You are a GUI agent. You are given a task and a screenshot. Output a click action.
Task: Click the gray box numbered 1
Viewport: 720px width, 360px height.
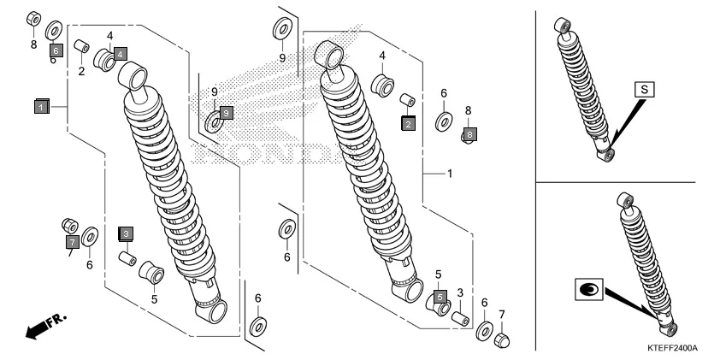(x=41, y=107)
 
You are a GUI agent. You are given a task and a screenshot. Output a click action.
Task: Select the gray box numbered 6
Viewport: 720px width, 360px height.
(x=56, y=50)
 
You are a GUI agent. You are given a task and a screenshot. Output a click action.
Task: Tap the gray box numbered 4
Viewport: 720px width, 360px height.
(x=121, y=53)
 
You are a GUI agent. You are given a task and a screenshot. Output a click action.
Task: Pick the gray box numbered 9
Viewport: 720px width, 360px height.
(x=226, y=112)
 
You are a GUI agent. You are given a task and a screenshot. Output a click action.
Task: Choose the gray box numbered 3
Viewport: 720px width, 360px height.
(x=126, y=233)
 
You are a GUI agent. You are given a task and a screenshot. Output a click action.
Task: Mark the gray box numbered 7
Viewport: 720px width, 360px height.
(x=73, y=242)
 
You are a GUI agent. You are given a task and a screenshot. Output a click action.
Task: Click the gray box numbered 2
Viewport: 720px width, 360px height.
(x=409, y=124)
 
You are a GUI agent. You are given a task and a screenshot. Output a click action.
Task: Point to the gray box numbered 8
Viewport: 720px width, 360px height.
(x=469, y=134)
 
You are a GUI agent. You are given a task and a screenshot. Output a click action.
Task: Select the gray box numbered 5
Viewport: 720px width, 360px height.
(x=440, y=297)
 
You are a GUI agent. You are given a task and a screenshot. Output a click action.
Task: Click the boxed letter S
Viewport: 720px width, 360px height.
(x=645, y=88)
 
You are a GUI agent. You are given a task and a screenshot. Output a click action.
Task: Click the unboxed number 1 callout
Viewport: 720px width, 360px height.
(x=450, y=173)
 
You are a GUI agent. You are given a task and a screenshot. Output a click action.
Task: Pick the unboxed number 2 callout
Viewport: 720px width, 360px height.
(x=82, y=71)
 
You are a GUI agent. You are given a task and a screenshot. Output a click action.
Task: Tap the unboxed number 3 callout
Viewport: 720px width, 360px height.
(x=459, y=293)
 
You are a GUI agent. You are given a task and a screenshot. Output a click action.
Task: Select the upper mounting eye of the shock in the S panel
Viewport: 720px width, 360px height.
(x=563, y=25)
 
